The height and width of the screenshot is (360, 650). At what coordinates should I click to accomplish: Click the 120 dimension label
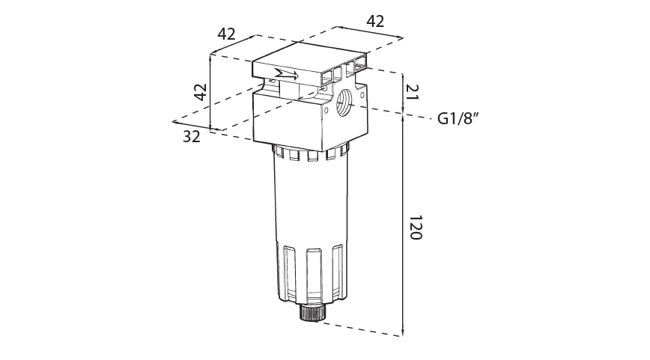(416, 228)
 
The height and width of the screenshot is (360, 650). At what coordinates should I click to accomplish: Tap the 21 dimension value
(413, 91)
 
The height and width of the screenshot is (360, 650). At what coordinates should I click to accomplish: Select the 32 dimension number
(192, 136)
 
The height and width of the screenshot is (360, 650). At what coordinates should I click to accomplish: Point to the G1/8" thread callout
(458, 119)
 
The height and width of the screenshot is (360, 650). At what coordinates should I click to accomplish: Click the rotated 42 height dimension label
(201, 92)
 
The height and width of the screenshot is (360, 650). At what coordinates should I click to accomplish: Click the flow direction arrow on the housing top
(286, 75)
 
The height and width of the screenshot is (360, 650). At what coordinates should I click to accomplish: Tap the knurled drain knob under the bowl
(312, 312)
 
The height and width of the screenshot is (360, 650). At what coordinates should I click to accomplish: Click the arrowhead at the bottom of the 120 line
(403, 332)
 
